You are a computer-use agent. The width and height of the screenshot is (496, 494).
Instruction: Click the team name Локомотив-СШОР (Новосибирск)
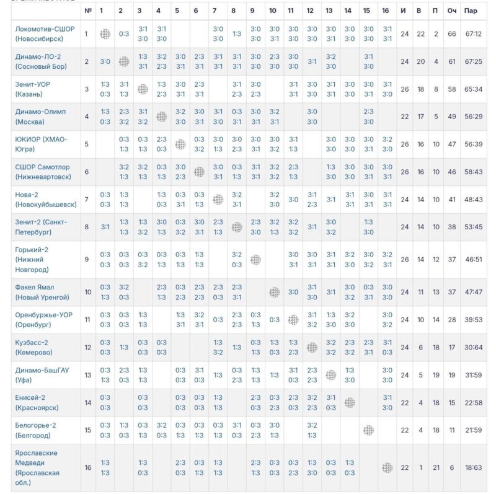tap(42, 34)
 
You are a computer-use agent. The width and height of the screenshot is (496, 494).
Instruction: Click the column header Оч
tap(453, 11)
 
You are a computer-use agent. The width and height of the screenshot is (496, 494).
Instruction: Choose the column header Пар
tap(472, 11)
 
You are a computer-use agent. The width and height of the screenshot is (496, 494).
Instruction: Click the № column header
tap(87, 11)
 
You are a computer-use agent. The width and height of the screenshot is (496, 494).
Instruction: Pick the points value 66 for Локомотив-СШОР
tap(453, 34)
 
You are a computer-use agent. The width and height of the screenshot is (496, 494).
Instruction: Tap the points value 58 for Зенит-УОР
tap(453, 89)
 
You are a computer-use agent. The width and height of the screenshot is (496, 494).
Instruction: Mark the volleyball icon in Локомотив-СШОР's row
tap(105, 34)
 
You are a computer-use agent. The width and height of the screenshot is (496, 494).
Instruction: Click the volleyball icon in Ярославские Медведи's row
tap(387, 467)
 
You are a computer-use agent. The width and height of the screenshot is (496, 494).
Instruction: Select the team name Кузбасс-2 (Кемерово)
tap(38, 347)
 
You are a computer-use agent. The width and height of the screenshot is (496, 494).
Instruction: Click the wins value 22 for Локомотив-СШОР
tap(420, 34)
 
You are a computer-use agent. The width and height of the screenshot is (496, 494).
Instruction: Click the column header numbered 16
tap(386, 11)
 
